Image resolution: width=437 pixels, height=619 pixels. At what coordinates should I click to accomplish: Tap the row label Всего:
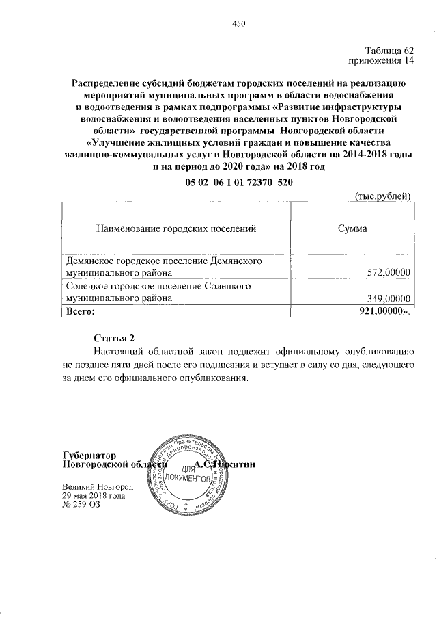click(79, 311)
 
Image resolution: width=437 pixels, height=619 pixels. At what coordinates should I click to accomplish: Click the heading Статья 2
click(115, 338)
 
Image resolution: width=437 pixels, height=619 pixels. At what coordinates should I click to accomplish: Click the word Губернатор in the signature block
click(89, 455)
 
